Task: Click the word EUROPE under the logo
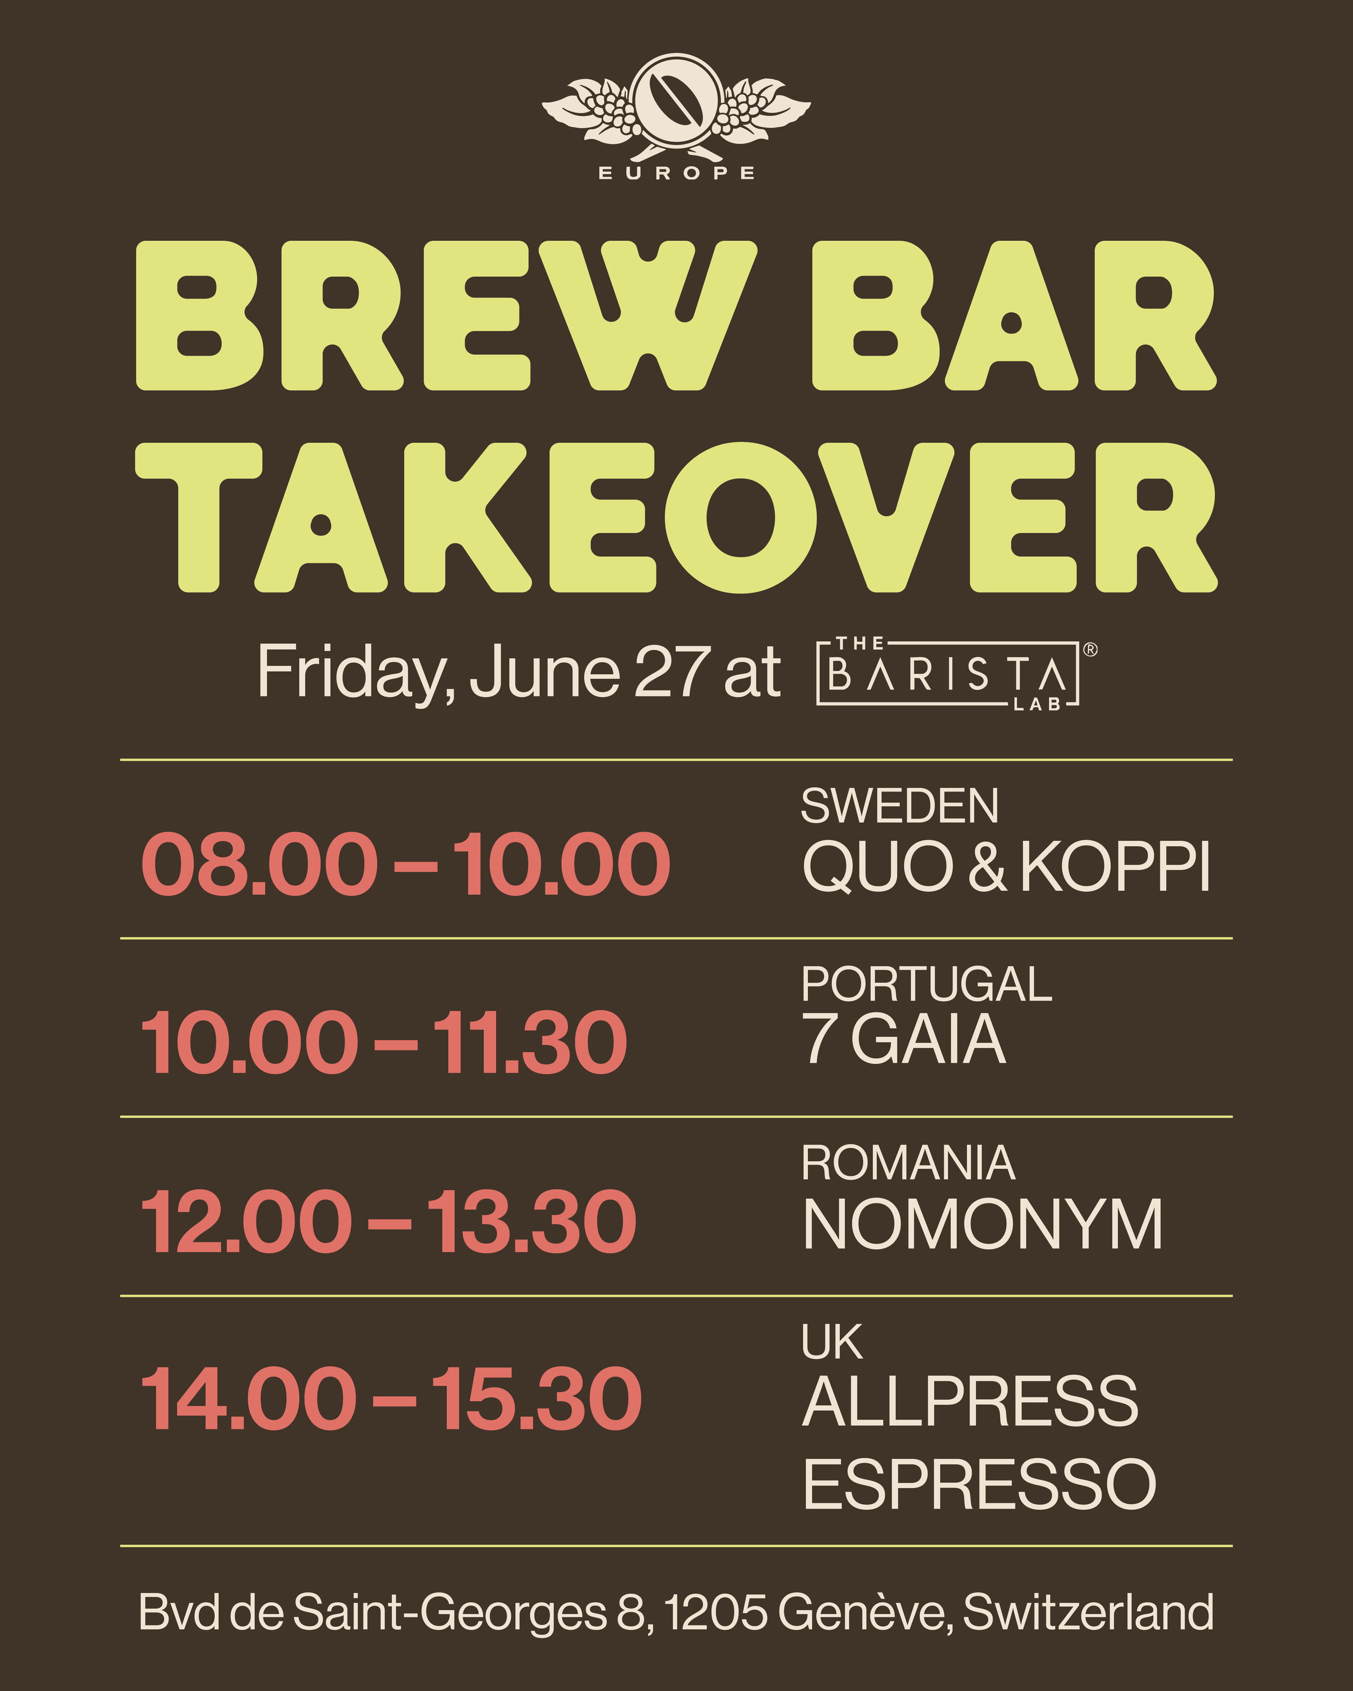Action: coord(676,173)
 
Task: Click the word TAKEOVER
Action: coord(676,518)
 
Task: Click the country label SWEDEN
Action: coord(899,806)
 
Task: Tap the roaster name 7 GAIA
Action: coord(904,1040)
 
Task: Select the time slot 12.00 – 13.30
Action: coord(388,1221)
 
